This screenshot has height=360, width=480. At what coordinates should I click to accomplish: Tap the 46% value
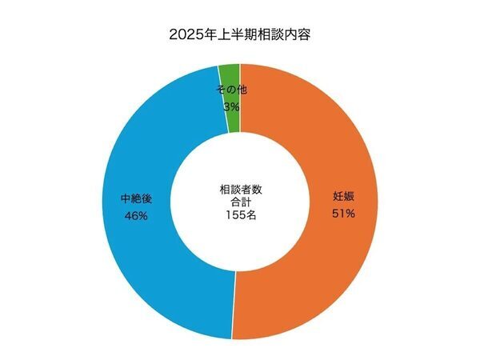click(x=135, y=215)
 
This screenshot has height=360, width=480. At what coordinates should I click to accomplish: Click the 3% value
click(x=231, y=106)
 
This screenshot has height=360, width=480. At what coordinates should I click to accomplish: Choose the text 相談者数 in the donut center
click(x=241, y=190)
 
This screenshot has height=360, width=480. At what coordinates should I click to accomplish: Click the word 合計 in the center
click(x=241, y=202)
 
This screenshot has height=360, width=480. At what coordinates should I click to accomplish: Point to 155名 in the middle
click(x=241, y=215)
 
